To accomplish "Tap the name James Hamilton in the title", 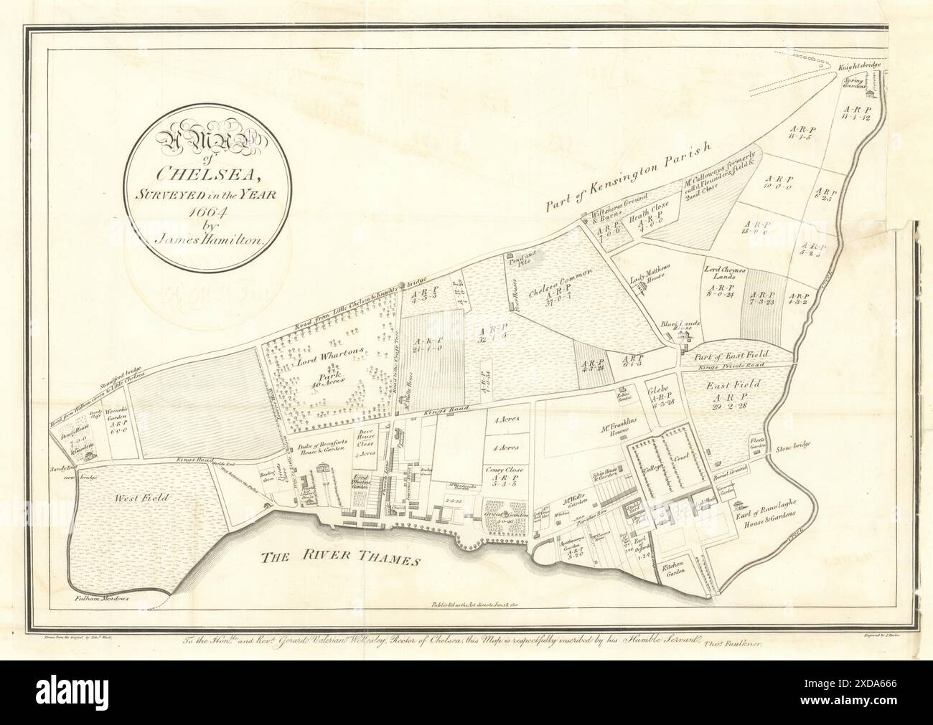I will point(203,241).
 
